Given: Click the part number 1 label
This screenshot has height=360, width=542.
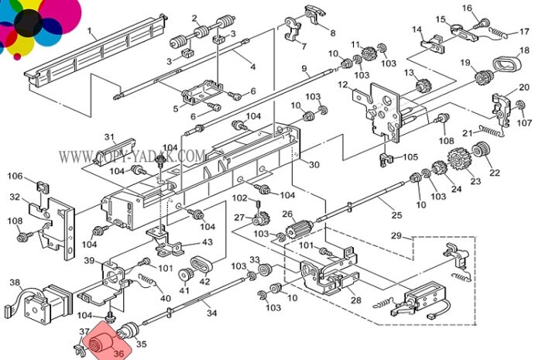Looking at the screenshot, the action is (x=90, y=31).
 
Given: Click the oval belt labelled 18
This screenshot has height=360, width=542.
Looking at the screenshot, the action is (x=506, y=65).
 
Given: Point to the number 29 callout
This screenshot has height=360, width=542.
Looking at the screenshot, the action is (x=396, y=235).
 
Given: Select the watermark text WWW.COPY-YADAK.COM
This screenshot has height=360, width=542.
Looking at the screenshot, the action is (x=132, y=156).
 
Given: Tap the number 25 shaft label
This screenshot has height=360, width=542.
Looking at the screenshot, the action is (x=396, y=215).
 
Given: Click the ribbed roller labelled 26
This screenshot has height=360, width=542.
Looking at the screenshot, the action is (x=299, y=228).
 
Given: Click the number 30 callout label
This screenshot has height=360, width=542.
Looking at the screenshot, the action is (x=314, y=165).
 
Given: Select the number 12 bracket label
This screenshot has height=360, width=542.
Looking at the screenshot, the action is (x=342, y=84).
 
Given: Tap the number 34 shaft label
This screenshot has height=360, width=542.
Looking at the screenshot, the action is (x=211, y=313).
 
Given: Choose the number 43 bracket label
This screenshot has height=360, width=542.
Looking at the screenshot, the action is (x=207, y=242).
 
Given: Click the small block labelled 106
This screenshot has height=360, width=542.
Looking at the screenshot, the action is (x=43, y=187).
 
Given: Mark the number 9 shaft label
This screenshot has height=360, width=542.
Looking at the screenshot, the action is (x=304, y=68).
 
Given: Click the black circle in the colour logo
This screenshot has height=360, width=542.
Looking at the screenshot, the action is (x=29, y=22).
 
